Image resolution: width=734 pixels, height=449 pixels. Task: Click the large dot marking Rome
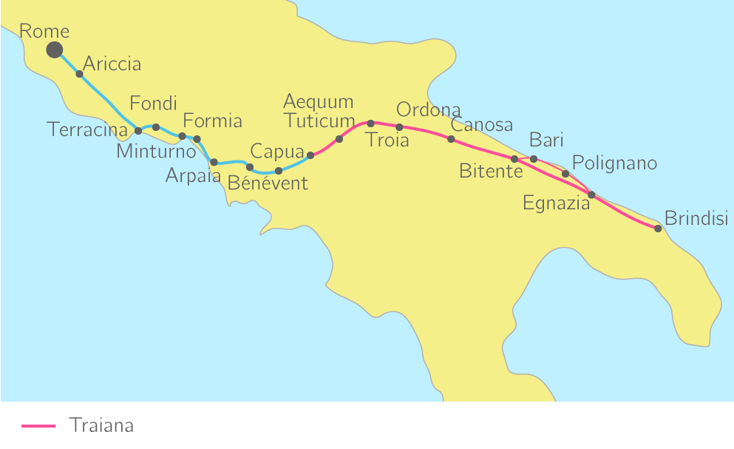54,50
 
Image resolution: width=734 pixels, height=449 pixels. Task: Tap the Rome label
44,31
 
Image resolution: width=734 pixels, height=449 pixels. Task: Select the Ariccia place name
112,64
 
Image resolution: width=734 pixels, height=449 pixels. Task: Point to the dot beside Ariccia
79,74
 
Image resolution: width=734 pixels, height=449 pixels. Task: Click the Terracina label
87,130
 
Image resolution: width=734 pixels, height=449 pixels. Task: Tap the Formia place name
212,121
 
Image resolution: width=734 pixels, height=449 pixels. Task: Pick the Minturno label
156,152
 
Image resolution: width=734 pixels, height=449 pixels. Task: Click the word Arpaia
193,175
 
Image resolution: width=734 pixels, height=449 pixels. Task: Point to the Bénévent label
268,183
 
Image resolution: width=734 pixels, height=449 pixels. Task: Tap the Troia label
387,140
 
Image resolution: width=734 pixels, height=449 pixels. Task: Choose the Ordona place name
429,110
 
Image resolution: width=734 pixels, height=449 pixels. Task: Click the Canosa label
481,125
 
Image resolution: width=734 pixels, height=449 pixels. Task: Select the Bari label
546,140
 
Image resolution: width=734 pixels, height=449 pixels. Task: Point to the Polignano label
614,163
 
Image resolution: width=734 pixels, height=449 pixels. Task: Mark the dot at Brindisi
658,229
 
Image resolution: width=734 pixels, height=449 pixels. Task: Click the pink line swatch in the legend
38,426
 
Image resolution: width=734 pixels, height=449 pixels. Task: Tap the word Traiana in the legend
101,425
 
